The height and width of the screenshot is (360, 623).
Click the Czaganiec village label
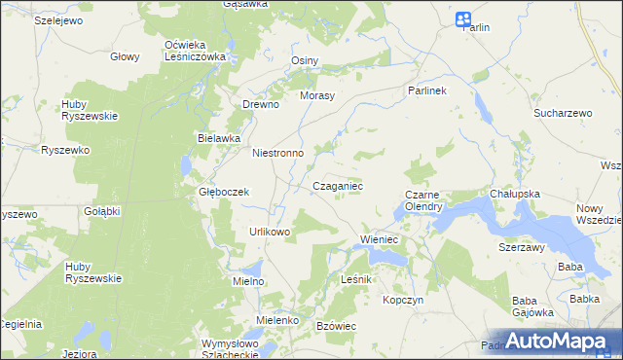(x=338, y=185)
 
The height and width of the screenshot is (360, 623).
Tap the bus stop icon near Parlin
(x=463, y=19)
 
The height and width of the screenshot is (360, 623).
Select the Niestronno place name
(x=278, y=153)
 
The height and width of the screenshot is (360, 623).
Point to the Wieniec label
(x=381, y=238)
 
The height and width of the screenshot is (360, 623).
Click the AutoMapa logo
(x=561, y=340)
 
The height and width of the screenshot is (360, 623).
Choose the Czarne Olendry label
(x=424, y=200)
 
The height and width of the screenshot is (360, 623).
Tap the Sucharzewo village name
(x=563, y=114)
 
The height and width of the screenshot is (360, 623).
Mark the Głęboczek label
(x=225, y=192)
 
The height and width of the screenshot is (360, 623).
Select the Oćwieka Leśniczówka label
(x=195, y=51)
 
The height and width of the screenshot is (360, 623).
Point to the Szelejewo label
(x=57, y=19)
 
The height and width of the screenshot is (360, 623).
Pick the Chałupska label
(x=515, y=194)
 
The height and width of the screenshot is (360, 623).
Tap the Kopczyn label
(x=404, y=301)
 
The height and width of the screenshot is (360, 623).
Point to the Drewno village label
(x=261, y=104)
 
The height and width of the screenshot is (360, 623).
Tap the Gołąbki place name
(x=101, y=211)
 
